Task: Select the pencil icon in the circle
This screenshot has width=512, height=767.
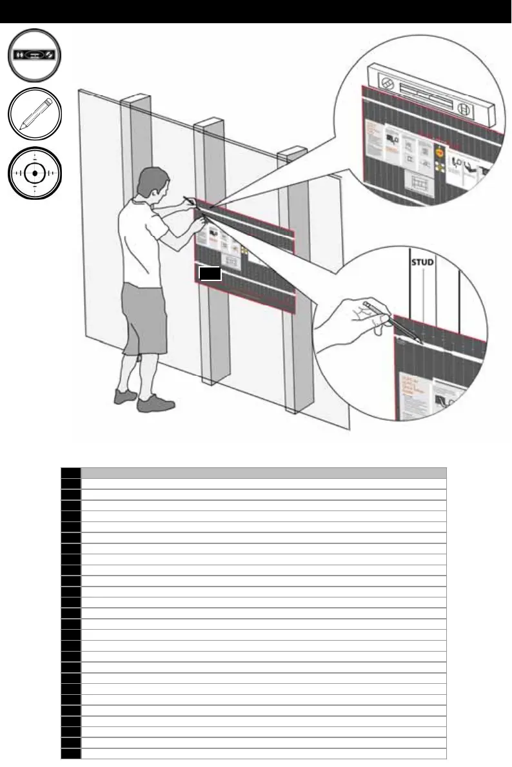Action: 35,115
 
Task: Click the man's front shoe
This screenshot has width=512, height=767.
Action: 155,403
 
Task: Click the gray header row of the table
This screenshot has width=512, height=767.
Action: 263,472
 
